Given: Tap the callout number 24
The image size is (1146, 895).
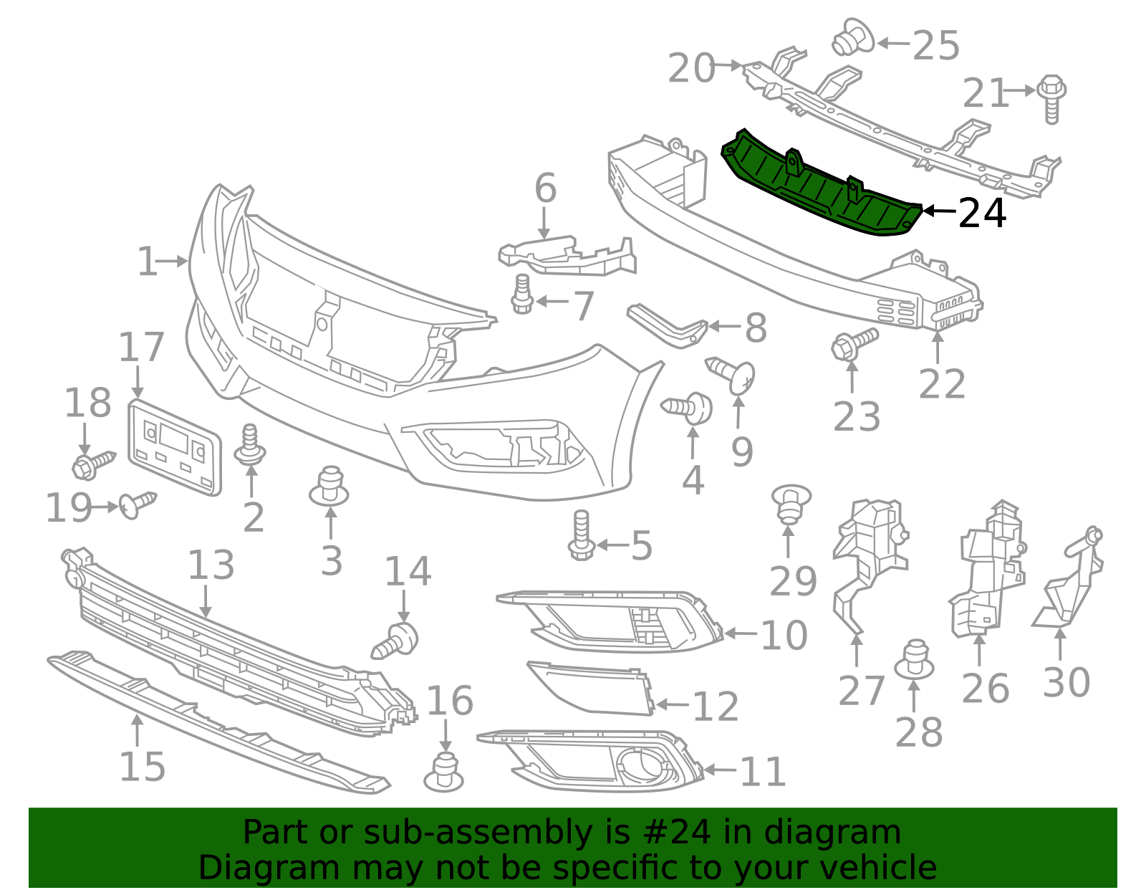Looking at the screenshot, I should (x=982, y=213).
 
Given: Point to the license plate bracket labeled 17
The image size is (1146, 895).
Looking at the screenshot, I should (x=174, y=449).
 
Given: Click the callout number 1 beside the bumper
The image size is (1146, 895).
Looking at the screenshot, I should (x=146, y=262).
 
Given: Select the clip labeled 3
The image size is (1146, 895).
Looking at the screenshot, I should (x=329, y=487).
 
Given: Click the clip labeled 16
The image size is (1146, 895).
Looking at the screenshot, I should (x=444, y=772).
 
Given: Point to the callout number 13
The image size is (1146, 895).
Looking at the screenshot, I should (x=211, y=565).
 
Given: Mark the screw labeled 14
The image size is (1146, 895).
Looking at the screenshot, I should (x=396, y=639).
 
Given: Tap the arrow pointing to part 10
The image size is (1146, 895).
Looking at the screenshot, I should (x=741, y=633).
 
